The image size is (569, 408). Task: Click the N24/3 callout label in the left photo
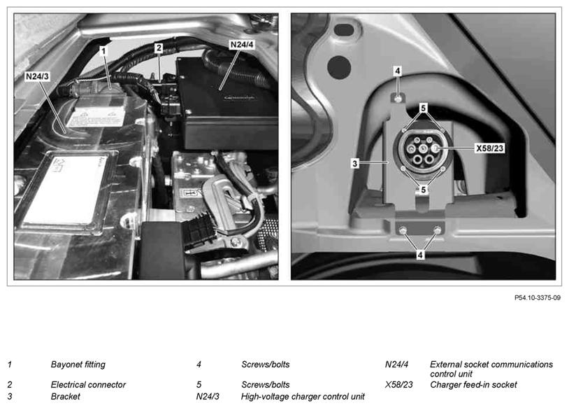click(x=37, y=76)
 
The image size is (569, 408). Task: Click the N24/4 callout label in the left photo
click(x=242, y=45)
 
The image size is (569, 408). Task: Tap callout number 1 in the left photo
click(x=103, y=51)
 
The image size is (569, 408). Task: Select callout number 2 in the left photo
click(x=159, y=48)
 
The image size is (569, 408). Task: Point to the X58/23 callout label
click(x=489, y=148)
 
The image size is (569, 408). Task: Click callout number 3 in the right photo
click(x=355, y=164)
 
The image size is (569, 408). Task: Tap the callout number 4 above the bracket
click(x=398, y=71)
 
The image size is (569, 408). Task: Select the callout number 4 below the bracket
click(x=420, y=255)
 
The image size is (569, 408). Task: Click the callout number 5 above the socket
click(x=423, y=108)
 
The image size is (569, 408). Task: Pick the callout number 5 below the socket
click(x=423, y=189)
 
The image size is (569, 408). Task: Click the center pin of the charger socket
click(x=423, y=149)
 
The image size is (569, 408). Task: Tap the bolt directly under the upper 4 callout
click(x=398, y=98)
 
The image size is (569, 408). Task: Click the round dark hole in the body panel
click(x=339, y=68)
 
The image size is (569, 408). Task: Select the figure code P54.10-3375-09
click(x=538, y=297)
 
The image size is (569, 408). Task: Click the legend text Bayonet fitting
click(x=78, y=365)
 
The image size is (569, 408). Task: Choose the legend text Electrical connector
click(x=88, y=384)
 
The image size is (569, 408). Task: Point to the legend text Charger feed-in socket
click(x=473, y=384)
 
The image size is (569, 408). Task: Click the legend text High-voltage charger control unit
click(x=303, y=396)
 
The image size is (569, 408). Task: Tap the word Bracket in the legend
click(x=65, y=396)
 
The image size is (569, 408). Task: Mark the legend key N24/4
click(x=396, y=365)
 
